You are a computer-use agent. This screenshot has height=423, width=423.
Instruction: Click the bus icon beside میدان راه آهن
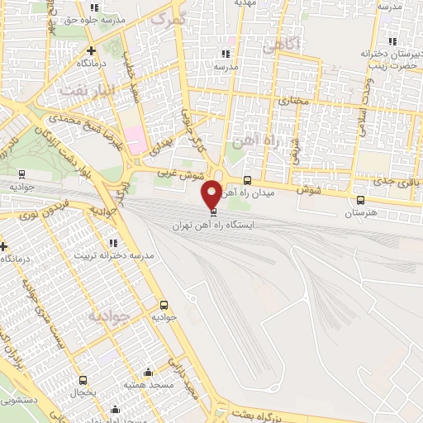(x=247, y=181)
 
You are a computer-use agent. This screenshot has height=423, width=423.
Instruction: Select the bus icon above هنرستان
(x=359, y=200)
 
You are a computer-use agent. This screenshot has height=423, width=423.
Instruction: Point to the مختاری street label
(x=292, y=100)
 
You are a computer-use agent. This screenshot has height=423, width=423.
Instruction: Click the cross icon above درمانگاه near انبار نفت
(x=91, y=51)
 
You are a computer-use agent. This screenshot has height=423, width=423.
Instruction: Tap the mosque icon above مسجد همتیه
(x=148, y=373)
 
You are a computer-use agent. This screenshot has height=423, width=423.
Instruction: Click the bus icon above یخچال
(x=83, y=379)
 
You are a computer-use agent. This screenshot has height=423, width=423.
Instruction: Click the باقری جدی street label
(x=394, y=179)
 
